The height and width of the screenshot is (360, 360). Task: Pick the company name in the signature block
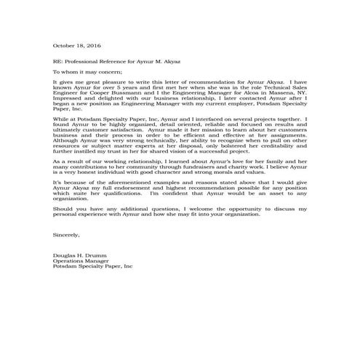pyautogui.click(x=93, y=267)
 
